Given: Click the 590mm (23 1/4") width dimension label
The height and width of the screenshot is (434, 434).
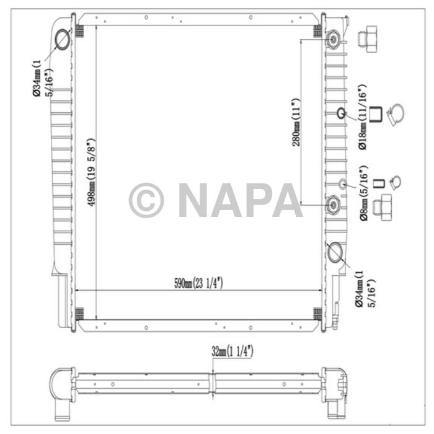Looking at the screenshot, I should [x=198, y=283].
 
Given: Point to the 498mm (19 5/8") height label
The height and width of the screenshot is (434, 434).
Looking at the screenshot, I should [x=92, y=172].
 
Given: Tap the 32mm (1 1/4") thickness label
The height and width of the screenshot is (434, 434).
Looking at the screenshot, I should [x=232, y=352].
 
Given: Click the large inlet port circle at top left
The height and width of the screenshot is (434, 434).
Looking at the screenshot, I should [x=63, y=40].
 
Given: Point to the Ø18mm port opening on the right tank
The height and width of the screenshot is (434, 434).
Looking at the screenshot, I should [x=340, y=113].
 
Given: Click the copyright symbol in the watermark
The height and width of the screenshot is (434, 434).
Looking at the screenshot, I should [x=146, y=200].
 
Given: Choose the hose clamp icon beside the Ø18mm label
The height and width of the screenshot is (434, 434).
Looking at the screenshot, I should [x=395, y=115].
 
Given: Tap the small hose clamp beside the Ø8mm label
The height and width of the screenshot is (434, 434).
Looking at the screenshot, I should [x=396, y=183].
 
